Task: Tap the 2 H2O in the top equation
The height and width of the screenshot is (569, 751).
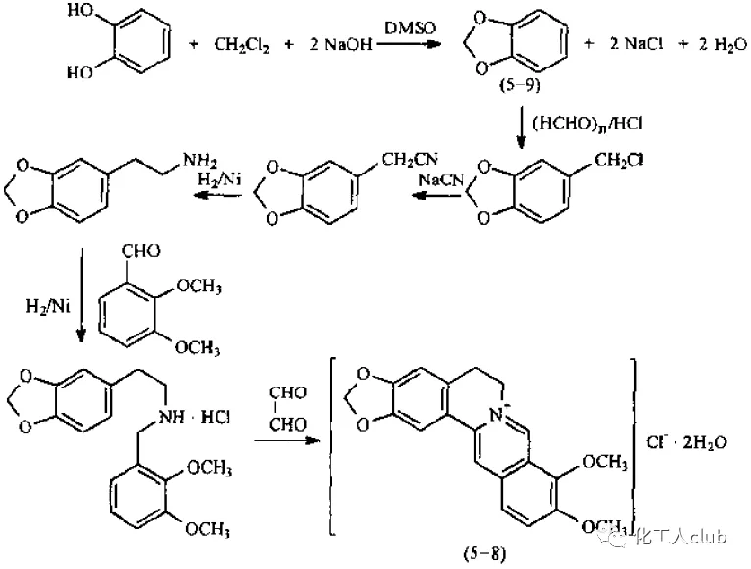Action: (710, 45)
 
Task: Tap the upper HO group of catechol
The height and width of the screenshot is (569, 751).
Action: (82, 15)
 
